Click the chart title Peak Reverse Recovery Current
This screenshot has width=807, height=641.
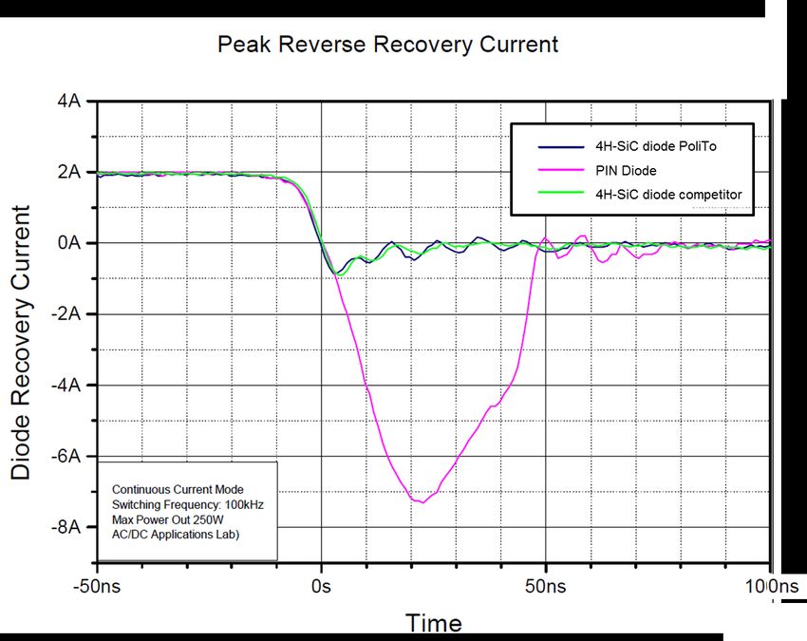(387, 45)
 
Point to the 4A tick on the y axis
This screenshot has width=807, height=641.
(67, 102)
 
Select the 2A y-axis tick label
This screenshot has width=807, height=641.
(67, 172)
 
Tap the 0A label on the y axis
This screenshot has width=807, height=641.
(67, 243)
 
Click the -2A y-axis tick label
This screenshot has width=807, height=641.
(64, 314)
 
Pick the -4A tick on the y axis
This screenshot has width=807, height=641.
(64, 386)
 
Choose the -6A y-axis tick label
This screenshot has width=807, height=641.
(64, 456)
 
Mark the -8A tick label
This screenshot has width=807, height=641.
(64, 527)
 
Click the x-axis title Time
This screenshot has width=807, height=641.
(434, 623)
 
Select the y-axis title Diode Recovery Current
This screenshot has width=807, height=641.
(21, 342)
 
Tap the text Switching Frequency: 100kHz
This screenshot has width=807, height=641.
(187, 504)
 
